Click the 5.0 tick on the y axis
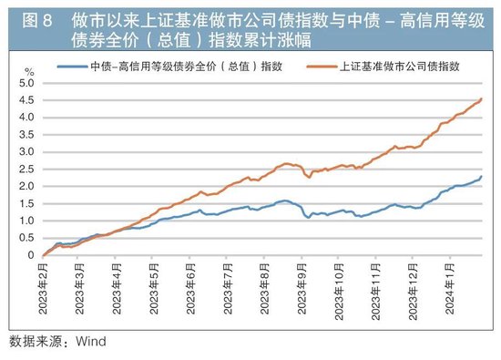pos(26,83)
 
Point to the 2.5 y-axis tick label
pos(26,169)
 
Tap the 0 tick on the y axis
pos(30,255)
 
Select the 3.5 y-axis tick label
pos(26,135)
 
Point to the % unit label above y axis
pos(28,70)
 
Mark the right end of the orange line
pos(481,98)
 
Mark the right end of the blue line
pos(481,177)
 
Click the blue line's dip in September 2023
pos(308,218)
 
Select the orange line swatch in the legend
pos(321,67)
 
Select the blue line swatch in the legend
pos(72,67)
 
